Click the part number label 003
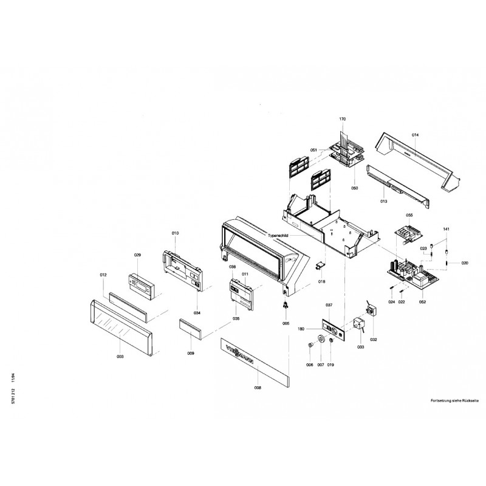(120, 357)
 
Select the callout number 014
(416, 134)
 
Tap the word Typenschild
(279, 234)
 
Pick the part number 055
(409, 216)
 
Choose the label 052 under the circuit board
(422, 301)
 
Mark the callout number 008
(258, 387)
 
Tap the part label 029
(137, 255)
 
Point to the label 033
(360, 347)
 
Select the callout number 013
(384, 200)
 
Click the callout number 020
(465, 263)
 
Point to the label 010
(175, 234)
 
